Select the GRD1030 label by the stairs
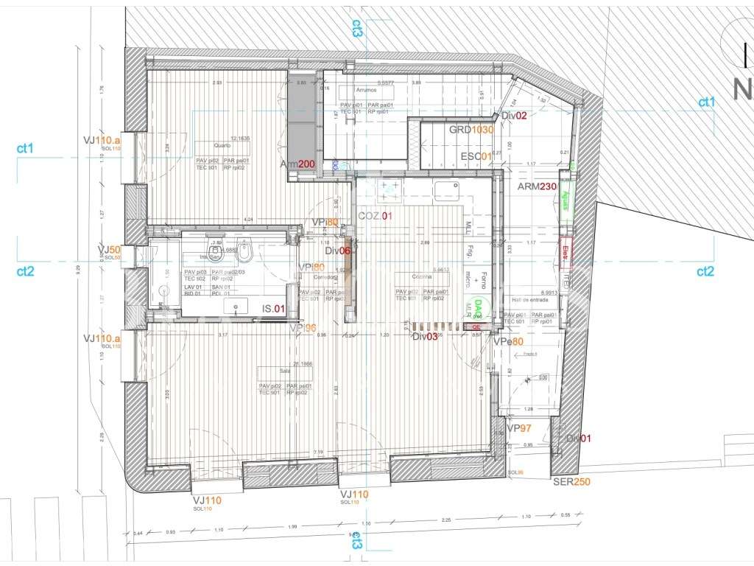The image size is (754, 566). pyautogui.click(x=471, y=130)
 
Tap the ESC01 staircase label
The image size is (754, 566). pyautogui.click(x=476, y=156)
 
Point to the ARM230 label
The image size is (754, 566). pyautogui.click(x=536, y=186)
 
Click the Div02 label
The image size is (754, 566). pyautogui.click(x=515, y=116)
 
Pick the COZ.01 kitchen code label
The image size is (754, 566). pyautogui.click(x=374, y=216)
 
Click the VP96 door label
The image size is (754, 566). pyautogui.click(x=303, y=328)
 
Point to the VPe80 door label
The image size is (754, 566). pyautogui.click(x=509, y=342)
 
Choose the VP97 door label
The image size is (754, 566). pyautogui.click(x=519, y=428)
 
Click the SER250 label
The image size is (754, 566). pyautogui.click(x=571, y=482)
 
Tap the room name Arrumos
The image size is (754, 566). pyautogui.click(x=367, y=91)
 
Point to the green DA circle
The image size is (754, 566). pyautogui.click(x=477, y=305)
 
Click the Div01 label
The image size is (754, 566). pyautogui.click(x=579, y=439)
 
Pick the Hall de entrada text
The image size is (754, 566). pyautogui.click(x=527, y=300)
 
